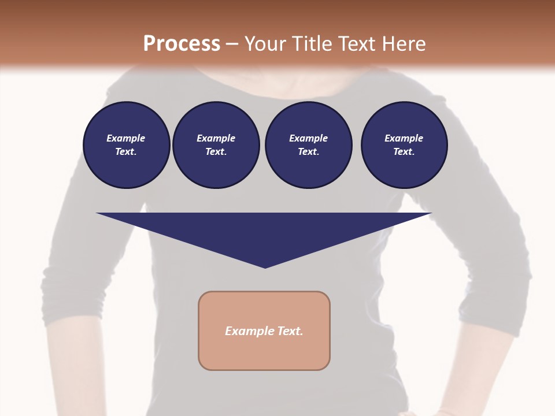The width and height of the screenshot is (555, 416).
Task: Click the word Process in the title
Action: click(182, 43)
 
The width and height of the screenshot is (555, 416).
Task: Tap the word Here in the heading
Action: click(404, 43)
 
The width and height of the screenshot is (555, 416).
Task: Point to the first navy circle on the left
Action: click(127, 145)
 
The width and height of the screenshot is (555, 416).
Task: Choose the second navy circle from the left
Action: click(216, 145)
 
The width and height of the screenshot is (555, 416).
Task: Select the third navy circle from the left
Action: click(309, 145)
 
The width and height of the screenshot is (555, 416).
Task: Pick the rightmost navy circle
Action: click(404, 145)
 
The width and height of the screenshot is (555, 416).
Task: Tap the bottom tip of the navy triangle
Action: click(265, 266)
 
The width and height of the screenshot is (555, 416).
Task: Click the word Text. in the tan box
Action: click(290, 331)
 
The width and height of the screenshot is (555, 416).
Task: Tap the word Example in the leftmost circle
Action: click(126, 138)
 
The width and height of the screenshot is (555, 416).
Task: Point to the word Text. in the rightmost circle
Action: click(404, 152)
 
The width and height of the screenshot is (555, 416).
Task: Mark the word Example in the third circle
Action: click(309, 138)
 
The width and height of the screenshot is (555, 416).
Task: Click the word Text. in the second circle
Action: click(216, 152)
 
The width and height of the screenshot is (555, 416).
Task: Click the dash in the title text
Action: click(232, 44)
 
